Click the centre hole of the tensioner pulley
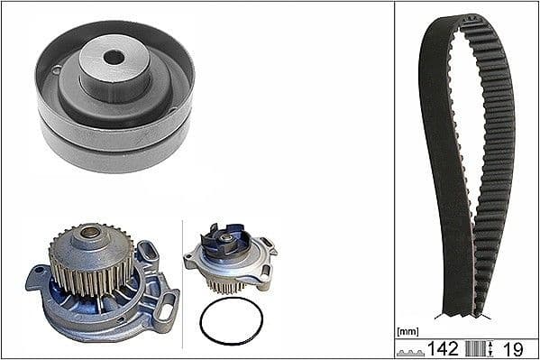click(x=114, y=57)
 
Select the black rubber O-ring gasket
click(x=231, y=320)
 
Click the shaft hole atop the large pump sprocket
click(x=90, y=234)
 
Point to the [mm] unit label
click(x=407, y=330)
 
